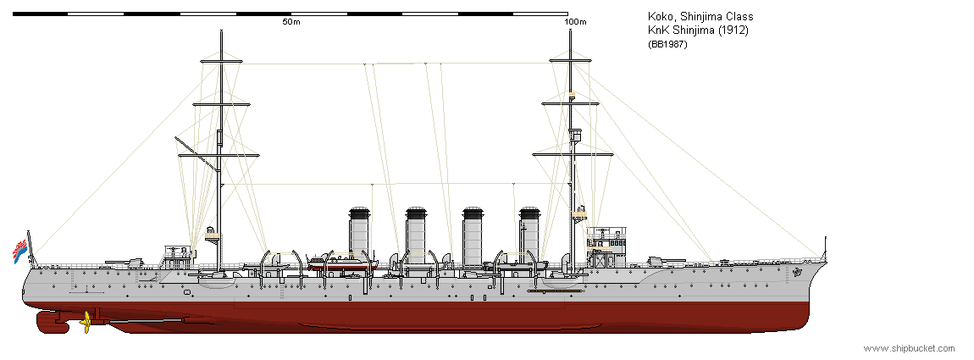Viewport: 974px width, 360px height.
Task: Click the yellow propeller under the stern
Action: click(86, 321)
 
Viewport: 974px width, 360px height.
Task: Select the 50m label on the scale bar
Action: click(291, 22)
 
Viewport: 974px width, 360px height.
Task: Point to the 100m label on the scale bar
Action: click(575, 22)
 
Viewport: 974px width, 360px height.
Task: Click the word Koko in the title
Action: click(652, 18)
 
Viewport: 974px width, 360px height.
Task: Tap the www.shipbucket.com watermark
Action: click(910, 348)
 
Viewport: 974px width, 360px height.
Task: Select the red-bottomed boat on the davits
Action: click(335, 263)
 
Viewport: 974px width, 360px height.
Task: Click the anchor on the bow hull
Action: click(798, 272)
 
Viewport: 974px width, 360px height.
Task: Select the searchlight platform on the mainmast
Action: click(213, 235)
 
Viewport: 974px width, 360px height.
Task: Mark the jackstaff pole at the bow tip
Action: click(826, 248)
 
